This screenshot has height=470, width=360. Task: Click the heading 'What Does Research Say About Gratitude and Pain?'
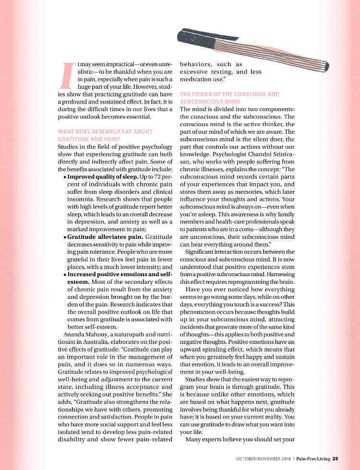coord(105,135)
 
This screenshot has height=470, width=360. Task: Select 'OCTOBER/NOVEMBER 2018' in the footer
coord(264,458)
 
